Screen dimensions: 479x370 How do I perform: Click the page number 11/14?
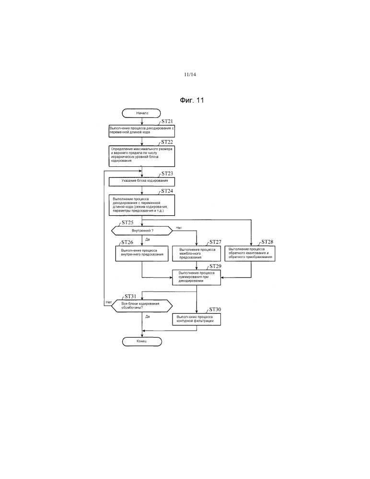point(190,75)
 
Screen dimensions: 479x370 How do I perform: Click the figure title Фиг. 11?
point(192,100)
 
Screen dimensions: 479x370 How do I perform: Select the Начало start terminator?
point(142,114)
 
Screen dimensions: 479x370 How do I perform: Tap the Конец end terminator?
point(142,341)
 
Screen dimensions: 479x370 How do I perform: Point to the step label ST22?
point(167,142)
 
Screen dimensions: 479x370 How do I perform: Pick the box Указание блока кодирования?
point(142,182)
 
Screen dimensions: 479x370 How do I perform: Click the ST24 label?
point(167,191)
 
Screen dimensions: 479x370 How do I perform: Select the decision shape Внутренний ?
point(142,230)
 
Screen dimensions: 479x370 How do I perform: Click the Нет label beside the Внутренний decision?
point(179,227)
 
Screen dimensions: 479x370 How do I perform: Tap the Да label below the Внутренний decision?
point(148,238)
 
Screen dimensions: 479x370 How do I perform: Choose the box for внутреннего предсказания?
point(142,254)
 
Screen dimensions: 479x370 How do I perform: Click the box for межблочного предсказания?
point(197,254)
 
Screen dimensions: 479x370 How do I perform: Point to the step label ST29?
point(215,266)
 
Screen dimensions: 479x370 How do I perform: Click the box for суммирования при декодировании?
point(197,277)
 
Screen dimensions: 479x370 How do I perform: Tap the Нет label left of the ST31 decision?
point(108,302)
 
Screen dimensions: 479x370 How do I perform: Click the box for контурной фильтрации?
point(197,319)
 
